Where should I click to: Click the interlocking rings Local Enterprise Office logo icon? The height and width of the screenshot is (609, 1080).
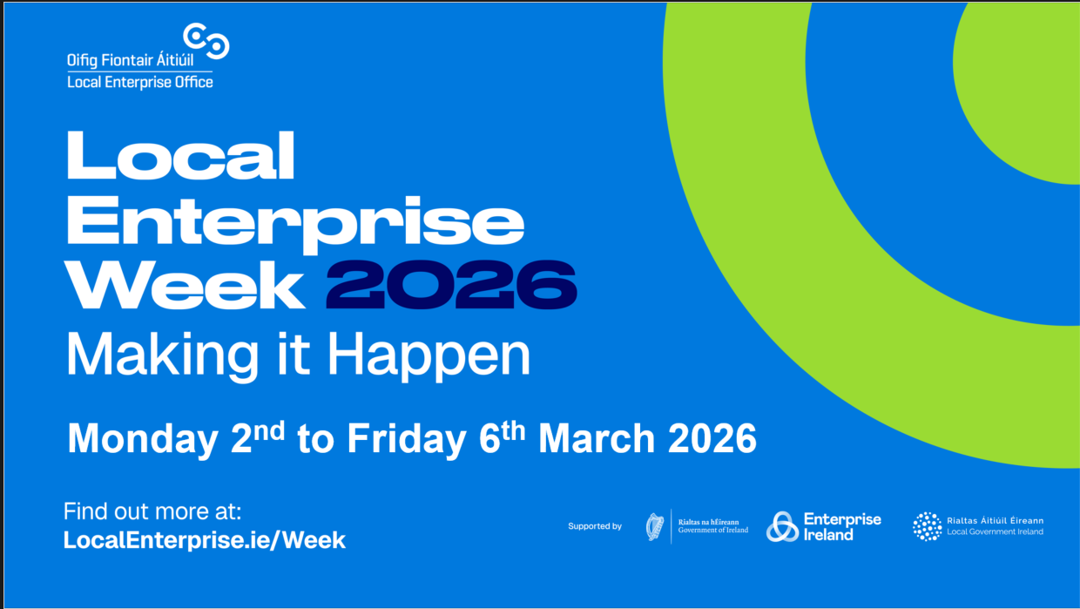[x=206, y=41]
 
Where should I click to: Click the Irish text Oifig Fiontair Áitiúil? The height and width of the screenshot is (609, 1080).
[x=130, y=60]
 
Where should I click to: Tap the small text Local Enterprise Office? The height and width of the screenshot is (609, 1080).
[x=140, y=83]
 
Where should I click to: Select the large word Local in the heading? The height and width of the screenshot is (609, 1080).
[x=181, y=155]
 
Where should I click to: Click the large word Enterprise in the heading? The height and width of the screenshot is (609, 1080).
[x=295, y=224]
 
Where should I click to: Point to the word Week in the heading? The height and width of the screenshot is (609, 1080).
[x=185, y=285]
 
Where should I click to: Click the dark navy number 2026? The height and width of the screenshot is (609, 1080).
[x=452, y=285]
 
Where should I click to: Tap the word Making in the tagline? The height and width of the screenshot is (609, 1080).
[x=163, y=355]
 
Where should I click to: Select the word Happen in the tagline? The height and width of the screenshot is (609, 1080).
[x=429, y=357]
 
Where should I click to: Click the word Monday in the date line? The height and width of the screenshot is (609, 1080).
[x=143, y=439]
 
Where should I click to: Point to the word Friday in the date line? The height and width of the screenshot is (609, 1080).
[x=407, y=439]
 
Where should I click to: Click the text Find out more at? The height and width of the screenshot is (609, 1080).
[x=152, y=511]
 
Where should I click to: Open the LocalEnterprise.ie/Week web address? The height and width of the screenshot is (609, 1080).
[x=205, y=540]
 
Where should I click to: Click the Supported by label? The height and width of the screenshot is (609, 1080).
[x=595, y=526]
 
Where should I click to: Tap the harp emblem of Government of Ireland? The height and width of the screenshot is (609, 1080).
[x=655, y=526]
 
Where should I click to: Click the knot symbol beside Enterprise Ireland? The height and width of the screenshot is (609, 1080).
[x=782, y=526]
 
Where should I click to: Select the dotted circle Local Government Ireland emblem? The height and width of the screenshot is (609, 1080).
[x=927, y=526]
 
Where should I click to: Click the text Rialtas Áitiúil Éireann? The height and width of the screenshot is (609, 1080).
[x=996, y=521]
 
